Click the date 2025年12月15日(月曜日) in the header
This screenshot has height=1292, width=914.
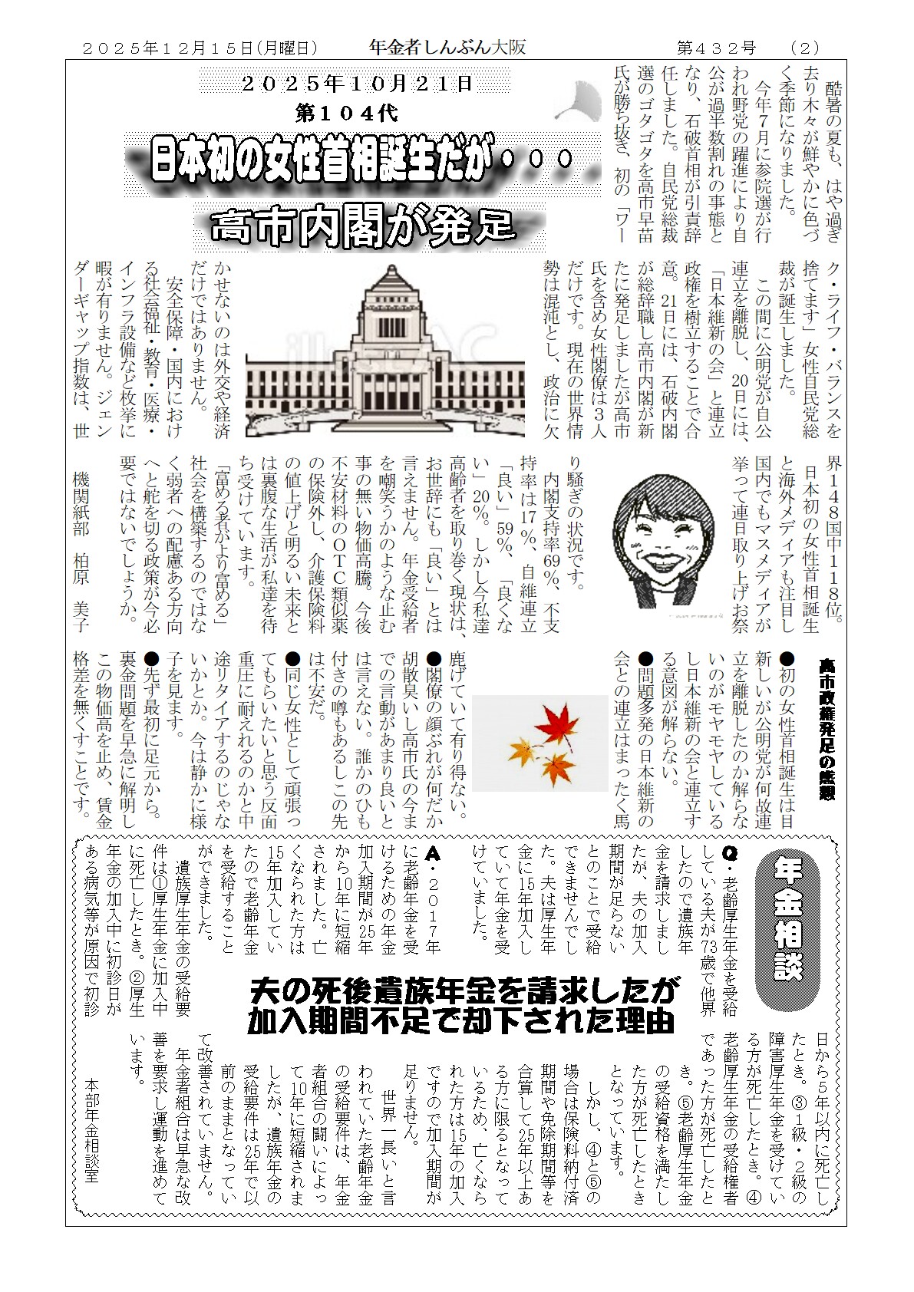tap(200, 48)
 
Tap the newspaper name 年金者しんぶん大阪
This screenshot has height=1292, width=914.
tap(447, 47)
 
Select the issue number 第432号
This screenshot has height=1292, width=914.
tap(716, 48)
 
